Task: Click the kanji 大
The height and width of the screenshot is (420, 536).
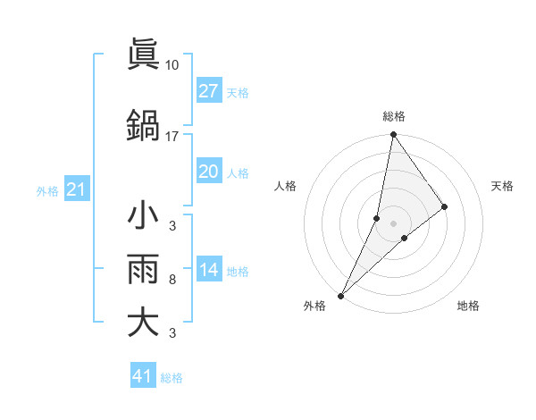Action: [x=144, y=322]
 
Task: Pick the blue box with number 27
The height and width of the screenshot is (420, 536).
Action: [x=208, y=91]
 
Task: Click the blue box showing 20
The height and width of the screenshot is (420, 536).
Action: [x=208, y=172]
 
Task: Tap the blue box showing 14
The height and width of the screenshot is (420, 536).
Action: [x=208, y=271]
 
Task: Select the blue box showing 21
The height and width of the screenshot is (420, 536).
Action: [x=76, y=189]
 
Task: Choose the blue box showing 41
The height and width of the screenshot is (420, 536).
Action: [x=143, y=376]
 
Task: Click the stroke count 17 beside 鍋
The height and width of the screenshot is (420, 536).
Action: [x=172, y=137]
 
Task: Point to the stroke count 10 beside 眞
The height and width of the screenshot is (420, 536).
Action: [x=172, y=65]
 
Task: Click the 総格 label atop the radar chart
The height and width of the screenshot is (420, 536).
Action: [x=394, y=116]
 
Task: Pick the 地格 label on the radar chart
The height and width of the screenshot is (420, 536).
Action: [x=468, y=306]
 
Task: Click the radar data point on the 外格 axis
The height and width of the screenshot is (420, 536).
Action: [x=340, y=296]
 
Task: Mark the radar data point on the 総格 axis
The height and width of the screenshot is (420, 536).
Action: [x=394, y=135]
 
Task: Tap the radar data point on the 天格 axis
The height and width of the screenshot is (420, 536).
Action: [x=445, y=207]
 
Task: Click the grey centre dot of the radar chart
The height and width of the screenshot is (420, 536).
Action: [x=394, y=223]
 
